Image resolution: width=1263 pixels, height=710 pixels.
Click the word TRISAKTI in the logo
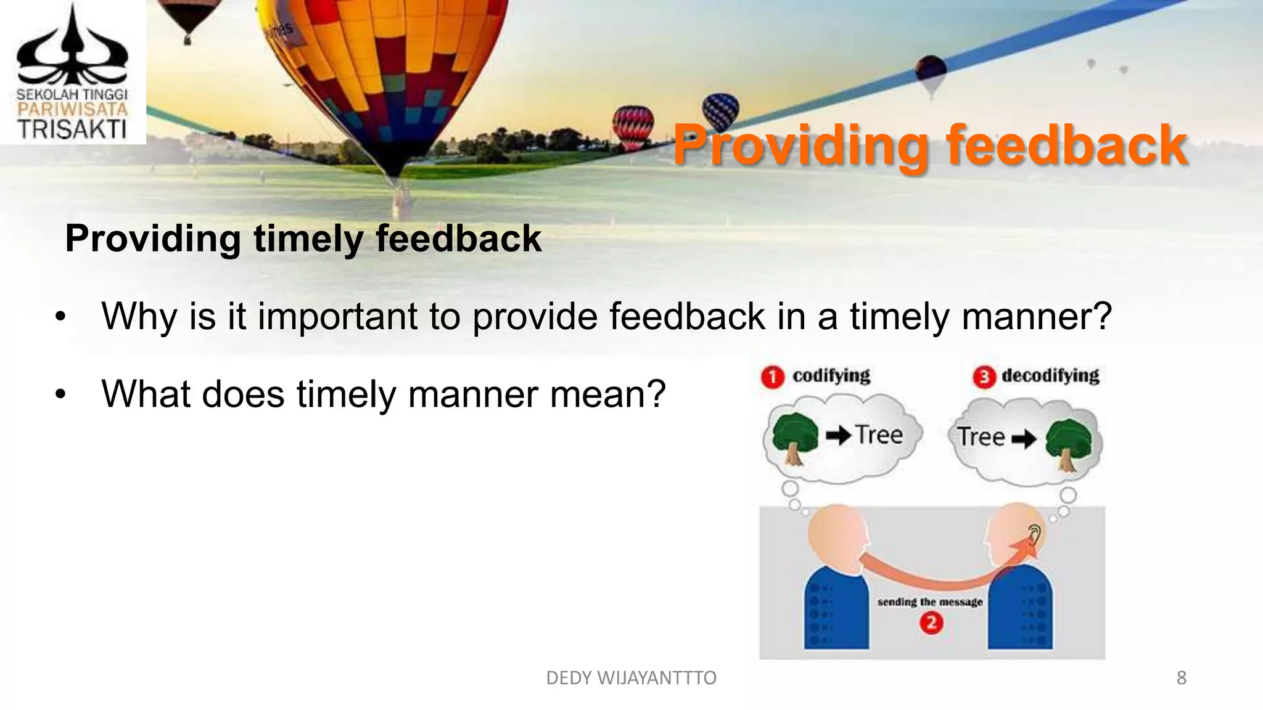coord(72,129)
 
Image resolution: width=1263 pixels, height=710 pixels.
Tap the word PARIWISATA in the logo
coord(72,110)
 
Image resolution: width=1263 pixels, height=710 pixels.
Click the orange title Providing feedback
coord(929,145)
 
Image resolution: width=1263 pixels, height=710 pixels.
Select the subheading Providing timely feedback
coord(303,239)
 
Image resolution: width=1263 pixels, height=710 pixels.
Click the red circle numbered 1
coord(772,377)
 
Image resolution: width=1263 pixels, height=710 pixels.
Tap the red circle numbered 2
coord(931,624)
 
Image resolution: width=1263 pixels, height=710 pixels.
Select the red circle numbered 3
coord(984,377)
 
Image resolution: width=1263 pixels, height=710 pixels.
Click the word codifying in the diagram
coord(831,375)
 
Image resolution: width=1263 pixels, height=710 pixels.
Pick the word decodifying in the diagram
coord(1050,375)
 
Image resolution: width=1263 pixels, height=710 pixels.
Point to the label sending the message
coord(929,602)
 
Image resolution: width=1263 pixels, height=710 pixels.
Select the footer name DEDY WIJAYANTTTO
coord(631,678)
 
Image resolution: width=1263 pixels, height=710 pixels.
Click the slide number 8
coord(1181,678)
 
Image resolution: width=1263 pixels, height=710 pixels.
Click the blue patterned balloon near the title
coord(720,112)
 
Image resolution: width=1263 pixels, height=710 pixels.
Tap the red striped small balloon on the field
coord(633,126)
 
